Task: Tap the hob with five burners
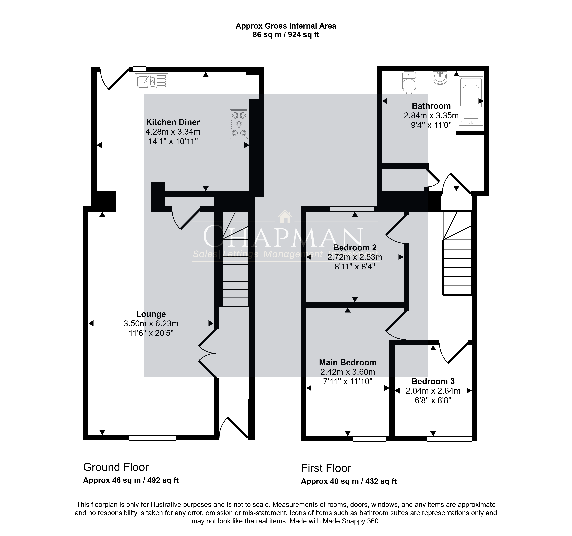[239, 124]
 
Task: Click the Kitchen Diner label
[173, 122]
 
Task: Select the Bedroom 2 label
[355, 248]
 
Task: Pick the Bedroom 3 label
[433, 381]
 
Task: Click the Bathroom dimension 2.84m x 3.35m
[431, 116]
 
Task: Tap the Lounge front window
[152, 438]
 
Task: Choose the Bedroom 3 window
[449, 439]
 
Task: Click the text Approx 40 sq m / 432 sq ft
[349, 481]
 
